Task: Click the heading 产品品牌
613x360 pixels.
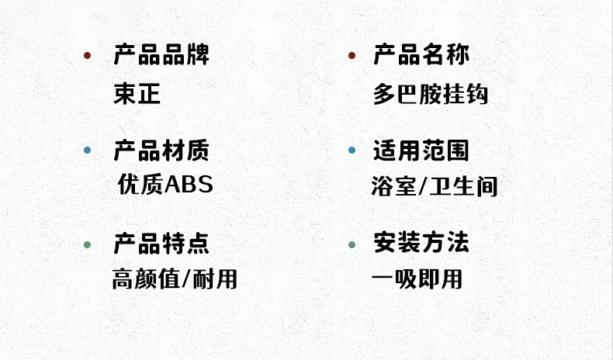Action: click(161, 55)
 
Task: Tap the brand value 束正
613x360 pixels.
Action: click(137, 95)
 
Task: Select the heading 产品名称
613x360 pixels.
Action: click(421, 55)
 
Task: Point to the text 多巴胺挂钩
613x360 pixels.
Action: click(431, 95)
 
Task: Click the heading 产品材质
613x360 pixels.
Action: click(161, 150)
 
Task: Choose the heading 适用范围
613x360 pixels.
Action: click(421, 150)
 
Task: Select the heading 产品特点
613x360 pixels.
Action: click(161, 244)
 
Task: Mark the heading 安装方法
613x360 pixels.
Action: click(421, 244)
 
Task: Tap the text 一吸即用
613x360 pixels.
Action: click(417, 279)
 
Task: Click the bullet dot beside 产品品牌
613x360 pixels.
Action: click(87, 56)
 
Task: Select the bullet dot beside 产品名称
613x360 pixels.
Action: click(352, 56)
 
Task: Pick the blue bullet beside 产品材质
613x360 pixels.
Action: click(87, 151)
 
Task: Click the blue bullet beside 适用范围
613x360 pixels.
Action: click(352, 151)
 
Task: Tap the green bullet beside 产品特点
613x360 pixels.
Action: click(87, 245)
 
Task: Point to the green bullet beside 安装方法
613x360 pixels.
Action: click(352, 245)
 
